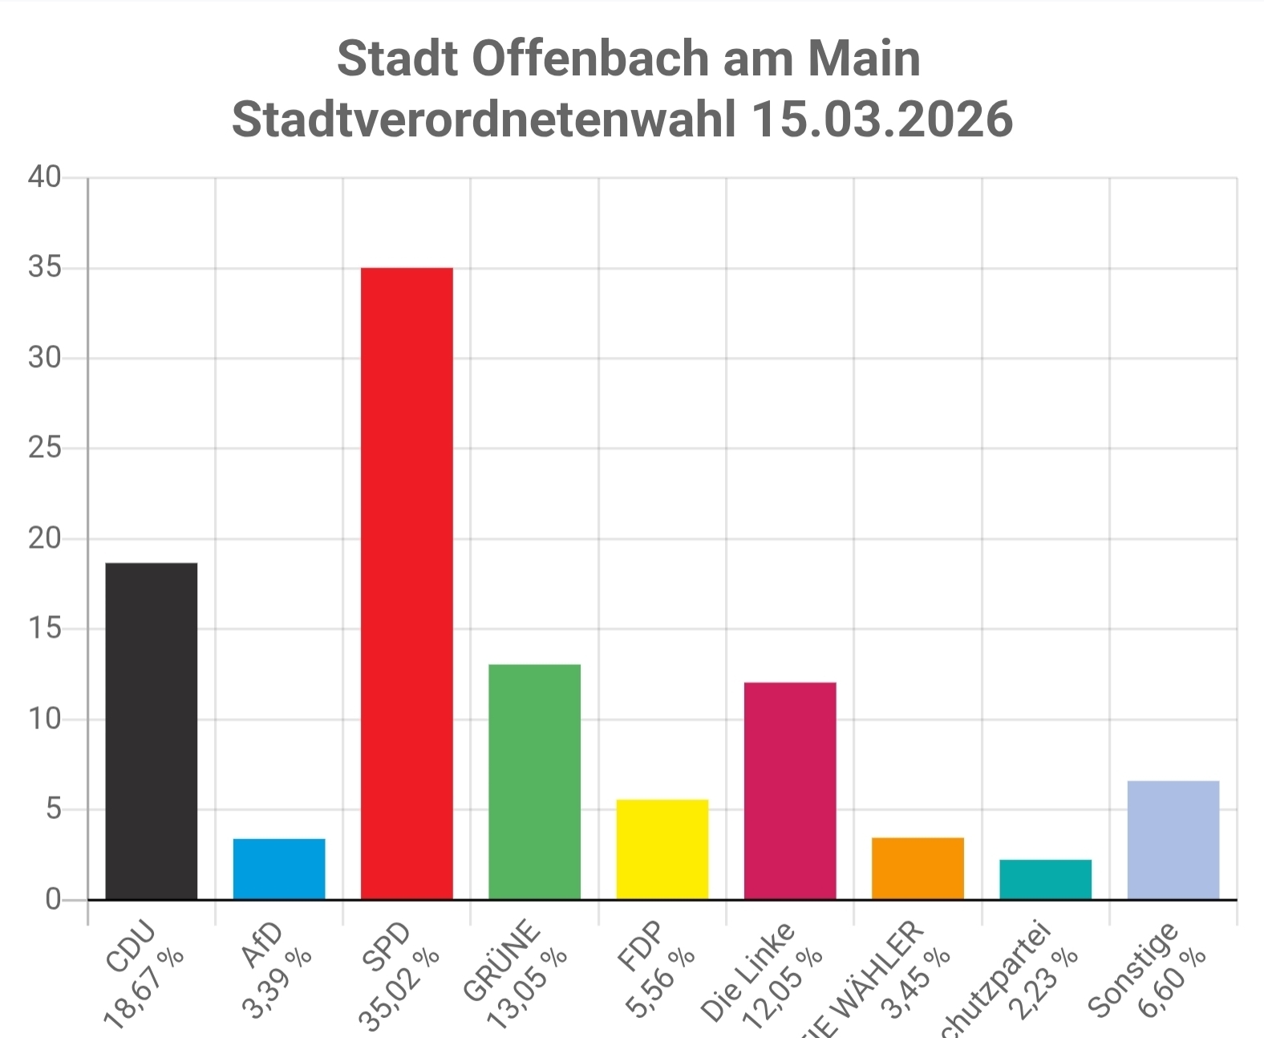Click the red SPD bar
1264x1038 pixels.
[407, 583]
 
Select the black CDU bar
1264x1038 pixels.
[151, 731]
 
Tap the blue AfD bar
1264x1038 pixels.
[279, 869]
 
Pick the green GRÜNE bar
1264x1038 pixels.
[534, 781]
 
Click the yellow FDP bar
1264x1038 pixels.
[662, 849]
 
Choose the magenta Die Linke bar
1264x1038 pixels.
[790, 790]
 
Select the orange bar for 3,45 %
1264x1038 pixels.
[918, 868]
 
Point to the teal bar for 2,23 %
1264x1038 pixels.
[1045, 879]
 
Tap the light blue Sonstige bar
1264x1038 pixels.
[1173, 840]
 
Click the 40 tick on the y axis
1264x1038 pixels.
[45, 177]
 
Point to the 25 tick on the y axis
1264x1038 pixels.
[45, 448]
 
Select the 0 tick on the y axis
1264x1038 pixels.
[54, 899]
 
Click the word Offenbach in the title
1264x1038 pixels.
[591, 59]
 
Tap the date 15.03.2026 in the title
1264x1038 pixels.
[881, 120]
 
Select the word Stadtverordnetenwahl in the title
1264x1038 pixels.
[484, 120]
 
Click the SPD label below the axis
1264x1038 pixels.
[387, 947]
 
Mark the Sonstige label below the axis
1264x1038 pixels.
[1133, 969]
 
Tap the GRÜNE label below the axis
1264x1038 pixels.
[502, 961]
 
